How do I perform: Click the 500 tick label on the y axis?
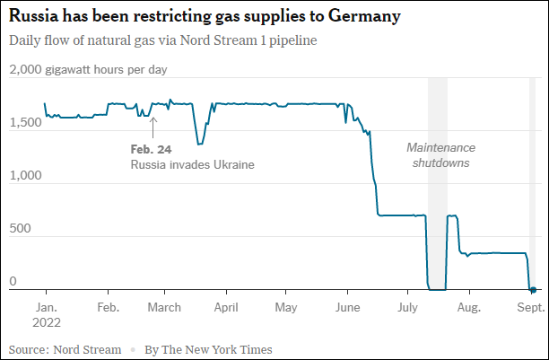[x=19, y=229]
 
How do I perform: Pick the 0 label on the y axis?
[x=13, y=282]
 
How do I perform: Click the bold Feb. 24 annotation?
[x=151, y=149]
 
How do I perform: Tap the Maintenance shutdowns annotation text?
[x=440, y=155]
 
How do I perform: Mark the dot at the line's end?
[x=532, y=289]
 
